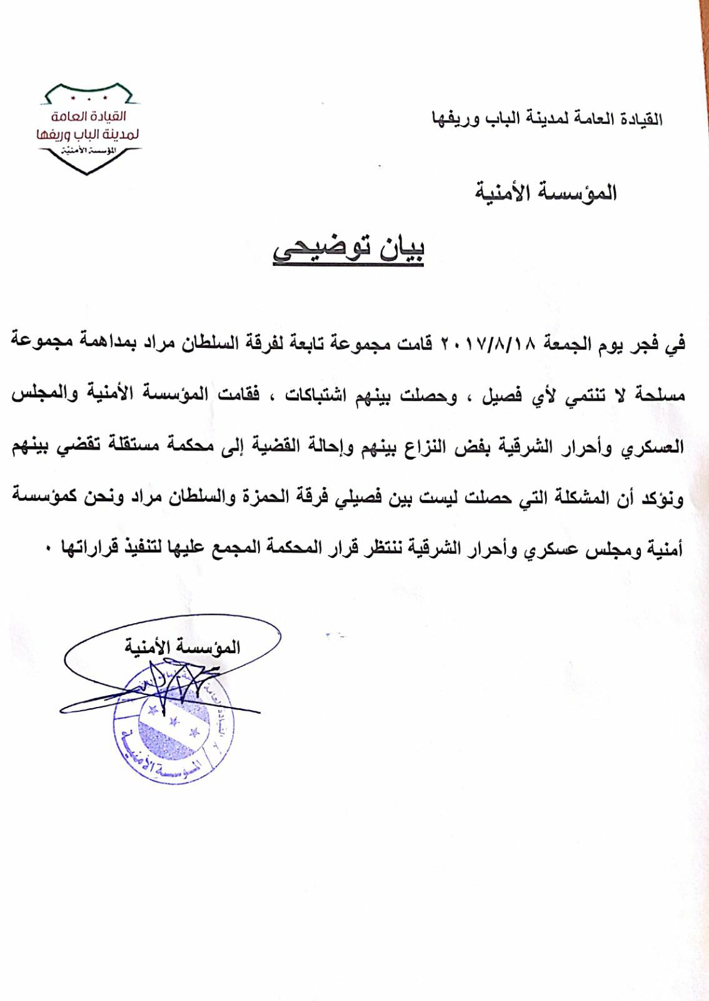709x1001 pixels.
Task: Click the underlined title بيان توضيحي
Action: coord(348,250)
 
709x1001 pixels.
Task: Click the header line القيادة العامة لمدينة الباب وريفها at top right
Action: coord(547,118)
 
